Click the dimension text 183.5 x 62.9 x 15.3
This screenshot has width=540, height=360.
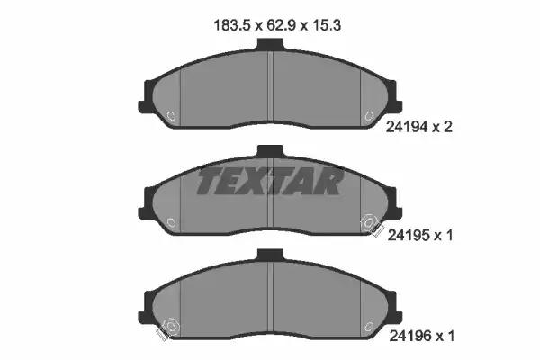277,25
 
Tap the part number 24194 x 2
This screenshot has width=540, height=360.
418,127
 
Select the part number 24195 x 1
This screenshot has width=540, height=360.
420,236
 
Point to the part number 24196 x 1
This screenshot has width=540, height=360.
421,336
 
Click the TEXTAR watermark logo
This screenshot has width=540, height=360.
270,181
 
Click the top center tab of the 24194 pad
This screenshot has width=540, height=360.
270,44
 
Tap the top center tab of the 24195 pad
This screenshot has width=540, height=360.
270,151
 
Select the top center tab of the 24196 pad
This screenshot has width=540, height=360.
270,255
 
